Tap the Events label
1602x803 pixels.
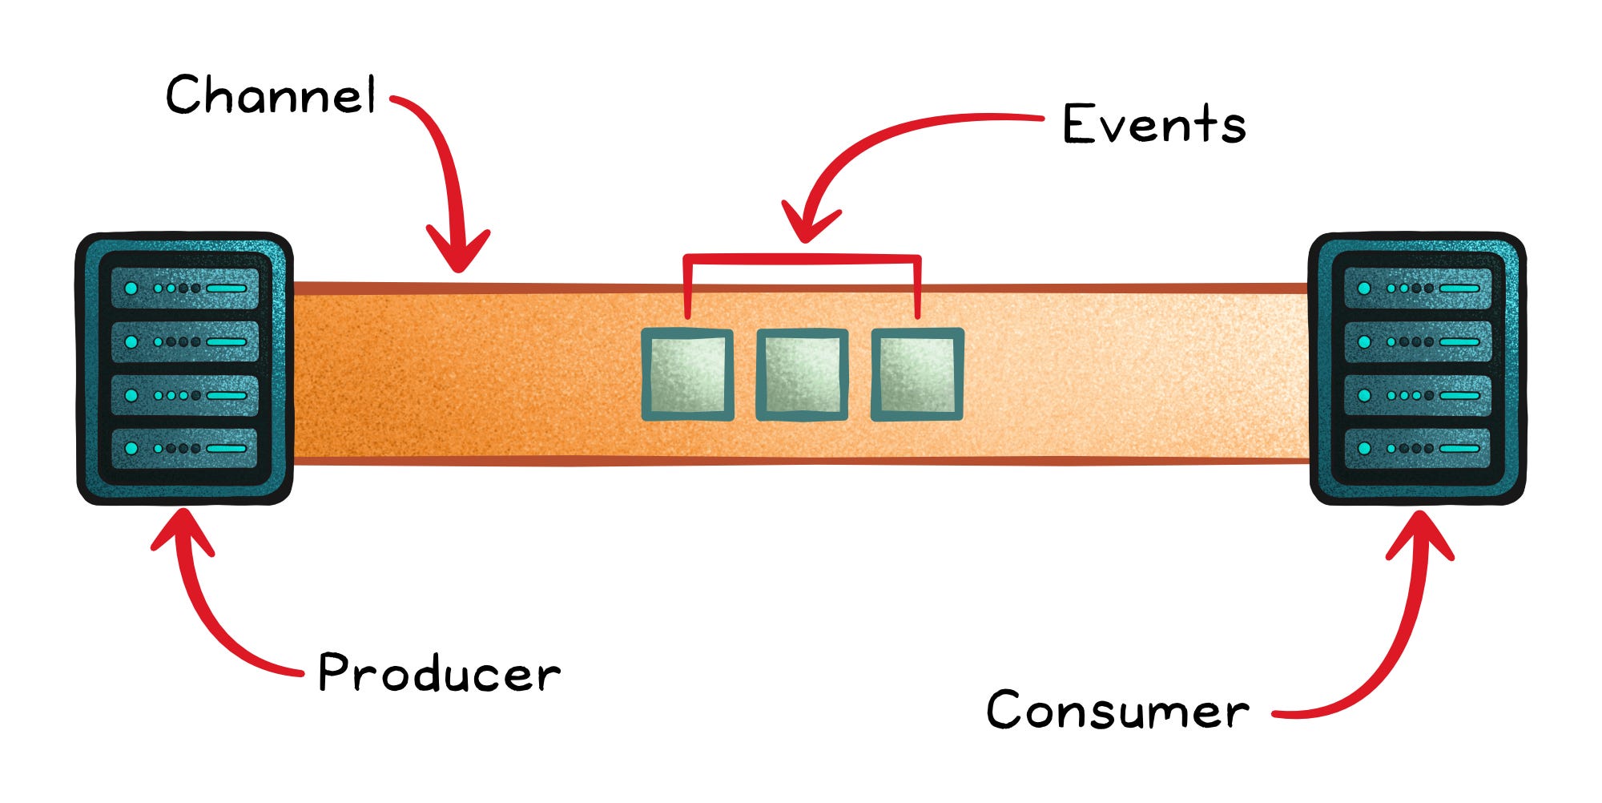1154,125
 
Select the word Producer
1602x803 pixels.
439,673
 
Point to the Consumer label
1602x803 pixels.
1117,710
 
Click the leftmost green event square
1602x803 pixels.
688,374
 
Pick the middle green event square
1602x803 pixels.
802,374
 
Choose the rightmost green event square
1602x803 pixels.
917,374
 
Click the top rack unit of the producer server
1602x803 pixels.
185,289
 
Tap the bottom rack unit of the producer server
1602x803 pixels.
185,449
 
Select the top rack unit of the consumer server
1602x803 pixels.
1417,289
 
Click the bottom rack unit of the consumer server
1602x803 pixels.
1417,449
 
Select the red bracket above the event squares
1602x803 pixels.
802,259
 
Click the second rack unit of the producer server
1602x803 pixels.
185,342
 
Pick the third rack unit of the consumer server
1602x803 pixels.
1417,396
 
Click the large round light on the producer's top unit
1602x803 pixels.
131,289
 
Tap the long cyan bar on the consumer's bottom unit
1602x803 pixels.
1459,449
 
